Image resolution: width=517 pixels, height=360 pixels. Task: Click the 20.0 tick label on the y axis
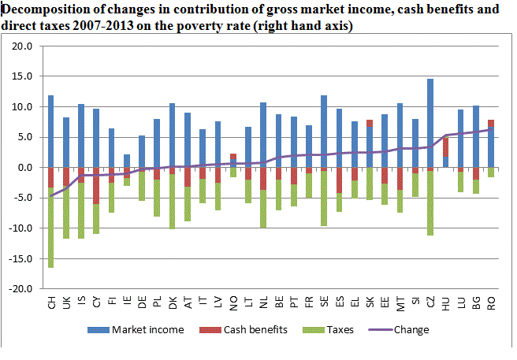[22, 46]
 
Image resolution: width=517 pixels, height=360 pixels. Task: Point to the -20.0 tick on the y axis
[20, 289]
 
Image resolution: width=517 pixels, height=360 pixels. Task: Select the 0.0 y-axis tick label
[24, 168]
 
